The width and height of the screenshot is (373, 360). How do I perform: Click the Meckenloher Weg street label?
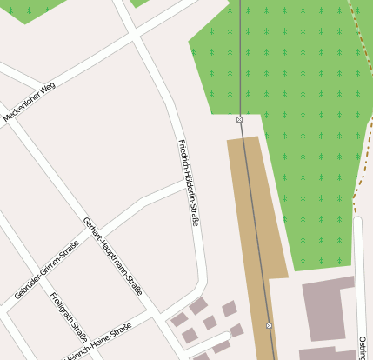point(30,101)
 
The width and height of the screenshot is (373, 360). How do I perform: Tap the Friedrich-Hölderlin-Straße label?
point(189,183)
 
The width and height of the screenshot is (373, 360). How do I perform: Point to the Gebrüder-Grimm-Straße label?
point(46,270)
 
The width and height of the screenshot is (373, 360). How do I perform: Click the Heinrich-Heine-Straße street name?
point(97,341)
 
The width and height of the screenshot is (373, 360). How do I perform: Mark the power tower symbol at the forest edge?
point(239,119)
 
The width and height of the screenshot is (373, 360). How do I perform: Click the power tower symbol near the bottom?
point(269,326)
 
